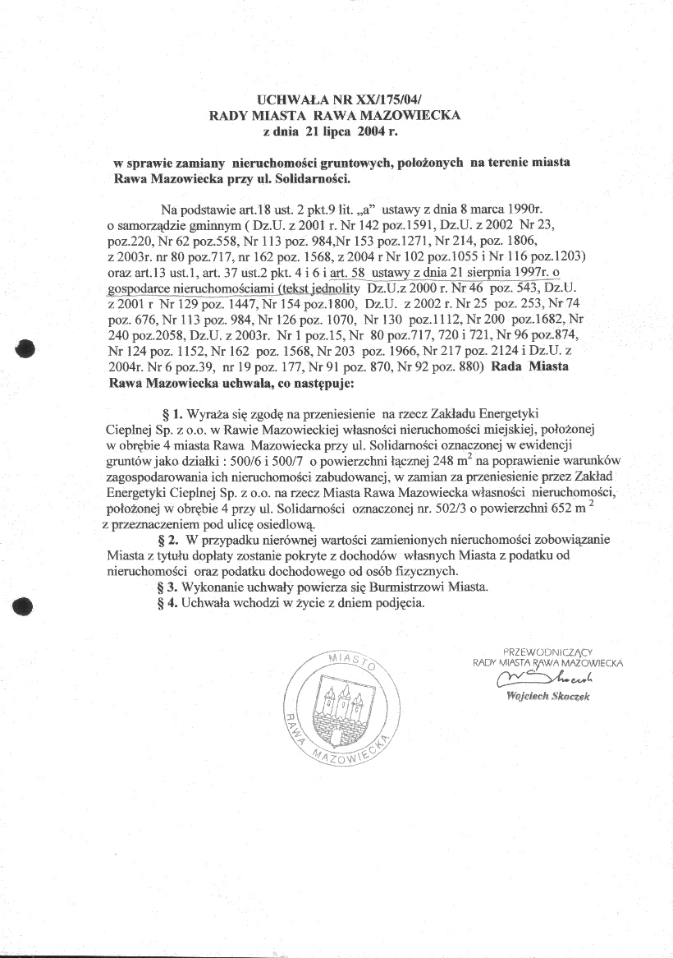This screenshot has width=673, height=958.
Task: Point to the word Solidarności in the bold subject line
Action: (x=318, y=177)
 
